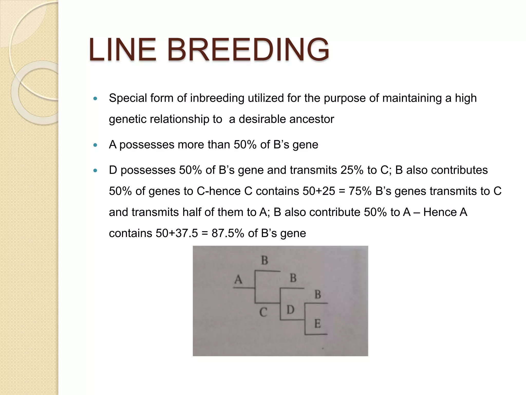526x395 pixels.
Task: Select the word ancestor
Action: [312, 119]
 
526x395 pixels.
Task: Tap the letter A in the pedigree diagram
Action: [238, 279]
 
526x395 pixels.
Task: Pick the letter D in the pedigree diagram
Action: [290, 310]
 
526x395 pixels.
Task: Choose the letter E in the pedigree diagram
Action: [317, 324]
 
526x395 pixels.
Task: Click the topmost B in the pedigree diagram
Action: [265, 261]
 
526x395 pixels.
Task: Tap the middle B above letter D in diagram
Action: [293, 278]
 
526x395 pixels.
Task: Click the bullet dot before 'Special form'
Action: [96, 98]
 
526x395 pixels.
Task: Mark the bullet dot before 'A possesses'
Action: [96, 145]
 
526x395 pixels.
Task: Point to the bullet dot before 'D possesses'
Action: [96, 170]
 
